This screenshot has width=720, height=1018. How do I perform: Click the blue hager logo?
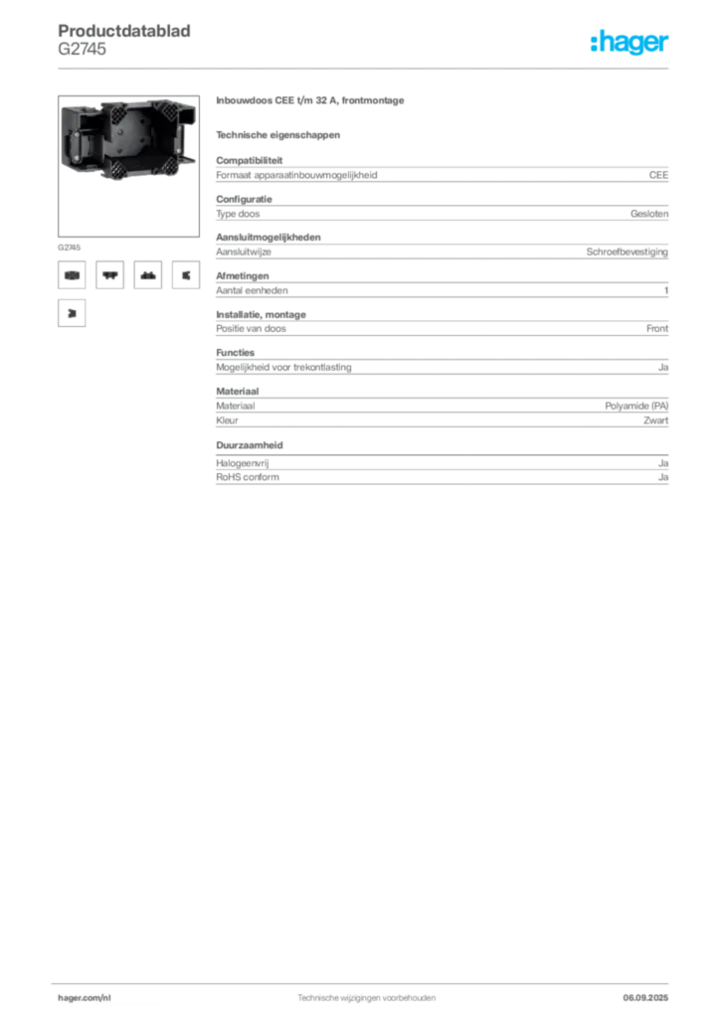pos(630,43)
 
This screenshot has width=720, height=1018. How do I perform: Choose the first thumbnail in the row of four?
pos(72,276)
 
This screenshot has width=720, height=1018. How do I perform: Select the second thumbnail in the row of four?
pos(109,276)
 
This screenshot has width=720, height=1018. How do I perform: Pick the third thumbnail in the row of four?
pos(147,276)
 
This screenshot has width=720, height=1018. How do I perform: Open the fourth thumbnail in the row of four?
pos(185,276)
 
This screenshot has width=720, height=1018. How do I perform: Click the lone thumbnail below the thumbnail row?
pos(72,314)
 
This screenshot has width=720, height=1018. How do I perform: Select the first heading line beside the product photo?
pos(309,102)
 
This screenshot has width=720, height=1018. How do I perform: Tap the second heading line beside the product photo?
pos(278,134)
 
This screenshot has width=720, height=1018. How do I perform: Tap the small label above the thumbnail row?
pos(68,244)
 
